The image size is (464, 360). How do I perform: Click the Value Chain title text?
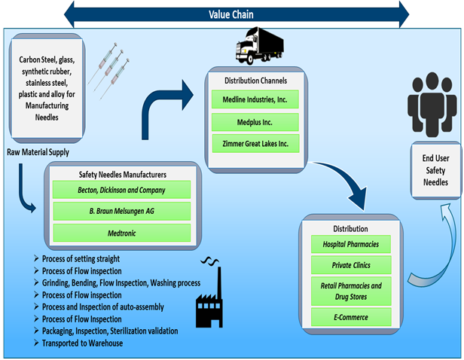pos(230,14)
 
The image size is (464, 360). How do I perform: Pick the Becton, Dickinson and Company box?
pos(121,190)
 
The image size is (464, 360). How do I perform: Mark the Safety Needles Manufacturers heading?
pos(121,174)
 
